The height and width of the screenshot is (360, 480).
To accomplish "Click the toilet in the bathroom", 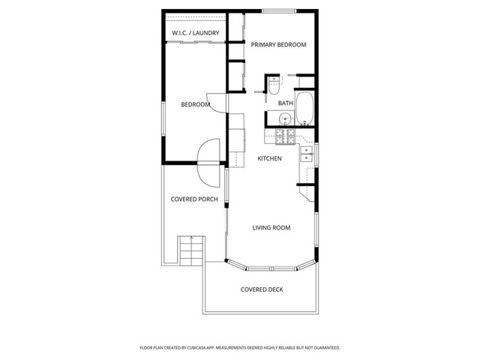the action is (274, 85).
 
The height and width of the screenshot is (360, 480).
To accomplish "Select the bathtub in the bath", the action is (304, 108).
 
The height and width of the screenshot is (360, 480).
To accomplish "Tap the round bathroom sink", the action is (285, 118).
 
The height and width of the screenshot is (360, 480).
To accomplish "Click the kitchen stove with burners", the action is (285, 136).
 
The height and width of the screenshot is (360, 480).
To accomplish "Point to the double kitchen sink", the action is (307, 154).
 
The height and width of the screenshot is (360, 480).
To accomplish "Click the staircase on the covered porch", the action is (192, 250).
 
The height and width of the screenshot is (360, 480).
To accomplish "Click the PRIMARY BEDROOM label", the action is (278, 45).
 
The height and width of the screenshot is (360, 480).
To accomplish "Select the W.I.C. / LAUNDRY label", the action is (196, 33).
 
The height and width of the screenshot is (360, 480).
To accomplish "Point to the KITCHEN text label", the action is (269, 158).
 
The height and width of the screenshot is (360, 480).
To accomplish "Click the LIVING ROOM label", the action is (271, 228).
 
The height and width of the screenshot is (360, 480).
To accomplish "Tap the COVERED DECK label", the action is (262, 289).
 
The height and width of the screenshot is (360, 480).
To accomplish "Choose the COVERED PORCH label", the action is (194, 199).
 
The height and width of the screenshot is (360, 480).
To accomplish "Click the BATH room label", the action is (286, 103).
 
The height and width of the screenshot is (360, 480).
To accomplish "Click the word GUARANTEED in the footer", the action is (328, 348).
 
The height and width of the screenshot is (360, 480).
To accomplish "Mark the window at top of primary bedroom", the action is (279, 11).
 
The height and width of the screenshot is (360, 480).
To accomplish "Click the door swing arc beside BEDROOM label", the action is (217, 103).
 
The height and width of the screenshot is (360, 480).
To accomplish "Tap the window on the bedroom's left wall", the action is (163, 118).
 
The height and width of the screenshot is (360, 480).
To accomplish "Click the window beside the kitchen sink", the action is (316, 155).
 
